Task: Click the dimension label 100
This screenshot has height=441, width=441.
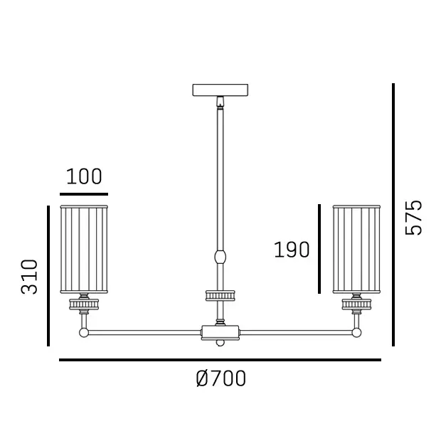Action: (x=84, y=176)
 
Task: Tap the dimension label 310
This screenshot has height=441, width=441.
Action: (x=29, y=277)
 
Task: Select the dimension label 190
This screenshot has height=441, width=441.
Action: (x=292, y=250)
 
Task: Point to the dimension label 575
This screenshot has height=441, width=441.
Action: (x=413, y=218)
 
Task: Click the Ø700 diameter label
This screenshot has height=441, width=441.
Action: (x=221, y=378)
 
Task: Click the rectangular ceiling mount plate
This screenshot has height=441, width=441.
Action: (x=220, y=90)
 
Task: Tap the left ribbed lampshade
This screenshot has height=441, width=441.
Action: (x=84, y=250)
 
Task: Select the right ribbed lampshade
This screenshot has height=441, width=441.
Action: (x=356, y=250)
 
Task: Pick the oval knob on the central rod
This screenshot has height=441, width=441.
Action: (x=220, y=257)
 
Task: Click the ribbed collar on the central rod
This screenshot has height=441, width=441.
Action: (x=220, y=296)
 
